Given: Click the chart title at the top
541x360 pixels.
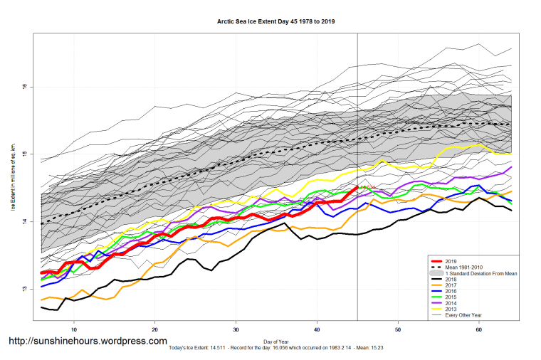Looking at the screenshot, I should [x=276, y=22].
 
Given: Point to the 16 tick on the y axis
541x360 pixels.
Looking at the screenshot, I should [x=24, y=87].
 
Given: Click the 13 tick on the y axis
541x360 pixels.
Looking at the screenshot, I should [x=24, y=289].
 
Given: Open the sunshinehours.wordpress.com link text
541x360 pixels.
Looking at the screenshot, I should [x=88, y=342].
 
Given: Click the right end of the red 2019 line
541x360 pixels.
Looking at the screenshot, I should [x=357, y=188].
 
